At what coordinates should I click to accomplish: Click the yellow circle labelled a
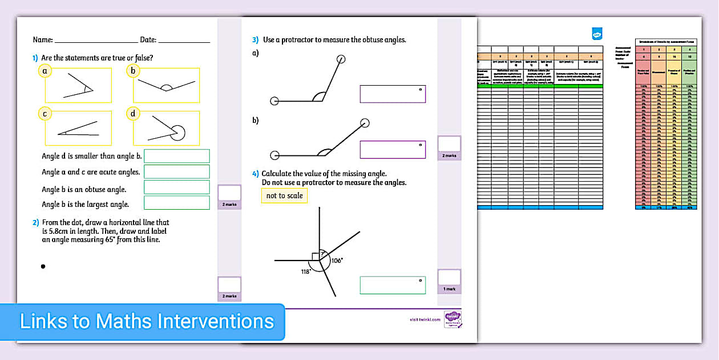pos(45,71)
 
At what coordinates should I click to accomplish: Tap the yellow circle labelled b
pos(133,71)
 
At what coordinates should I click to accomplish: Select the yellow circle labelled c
pos(45,114)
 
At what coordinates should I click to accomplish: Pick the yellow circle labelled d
pos(133,114)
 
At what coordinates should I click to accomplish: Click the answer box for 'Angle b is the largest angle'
pos(176,203)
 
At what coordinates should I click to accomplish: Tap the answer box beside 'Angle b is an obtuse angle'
pos(176,187)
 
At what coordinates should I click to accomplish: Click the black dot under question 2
pos(43,266)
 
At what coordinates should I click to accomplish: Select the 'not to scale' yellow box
pos(284,195)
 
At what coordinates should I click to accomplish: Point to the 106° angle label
pos(337,261)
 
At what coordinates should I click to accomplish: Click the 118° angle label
pos(306,272)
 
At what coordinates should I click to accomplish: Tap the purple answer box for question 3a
pos(393,94)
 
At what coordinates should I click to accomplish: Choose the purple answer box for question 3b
pos(393,150)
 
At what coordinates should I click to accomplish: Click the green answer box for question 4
pos(393,285)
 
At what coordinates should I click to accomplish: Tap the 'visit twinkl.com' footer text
pos(425,319)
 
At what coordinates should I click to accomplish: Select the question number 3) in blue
pos(256,40)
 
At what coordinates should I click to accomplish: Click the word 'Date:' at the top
pos(148,40)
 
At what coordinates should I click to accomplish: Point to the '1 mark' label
pos(449,289)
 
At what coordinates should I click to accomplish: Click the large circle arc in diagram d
pos(179,133)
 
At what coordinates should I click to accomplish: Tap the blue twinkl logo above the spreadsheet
pos(597,34)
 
